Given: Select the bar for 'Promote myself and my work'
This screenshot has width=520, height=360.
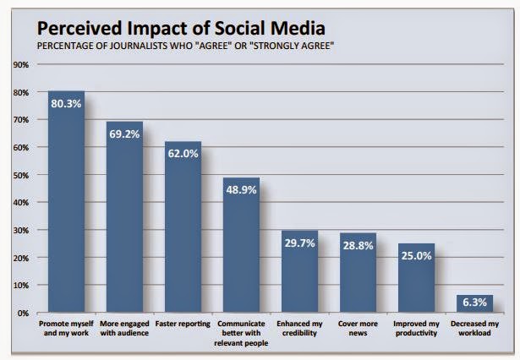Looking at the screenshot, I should (x=66, y=211).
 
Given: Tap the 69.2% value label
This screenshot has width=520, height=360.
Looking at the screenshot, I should (x=124, y=134).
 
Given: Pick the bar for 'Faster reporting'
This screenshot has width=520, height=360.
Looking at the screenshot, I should (x=183, y=228).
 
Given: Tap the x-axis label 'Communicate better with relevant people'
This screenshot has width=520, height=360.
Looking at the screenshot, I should (x=241, y=333).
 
